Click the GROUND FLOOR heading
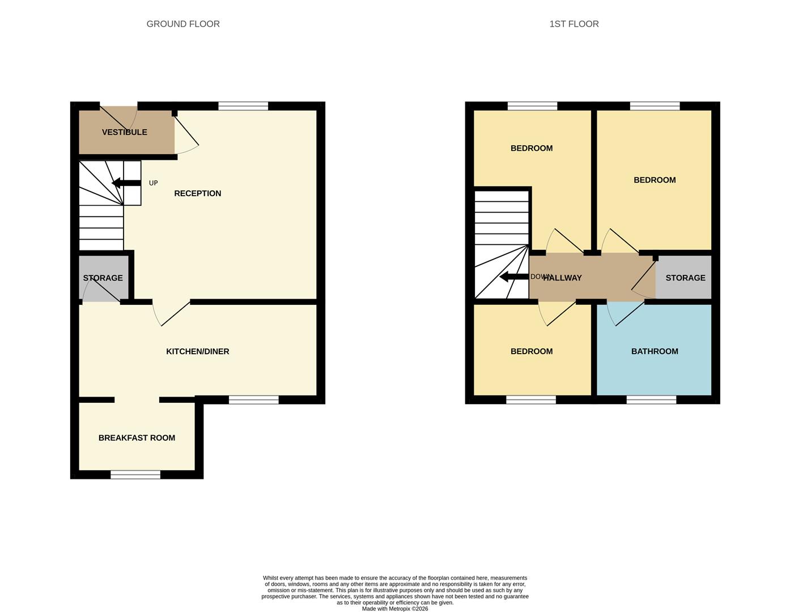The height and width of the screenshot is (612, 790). [183, 24]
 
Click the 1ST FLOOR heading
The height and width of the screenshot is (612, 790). [574, 24]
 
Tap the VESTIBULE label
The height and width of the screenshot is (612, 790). [124, 132]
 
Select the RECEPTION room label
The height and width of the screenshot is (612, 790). [197, 193]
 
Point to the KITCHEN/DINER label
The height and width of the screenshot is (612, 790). [197, 351]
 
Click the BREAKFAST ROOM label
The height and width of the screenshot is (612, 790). [137, 437]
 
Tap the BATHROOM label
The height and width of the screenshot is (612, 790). [655, 351]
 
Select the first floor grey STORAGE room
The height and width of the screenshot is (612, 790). [685, 278]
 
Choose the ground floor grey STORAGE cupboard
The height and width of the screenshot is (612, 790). [103, 278]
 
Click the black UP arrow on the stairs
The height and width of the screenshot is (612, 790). [126, 183]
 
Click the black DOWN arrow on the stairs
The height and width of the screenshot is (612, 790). [513, 277]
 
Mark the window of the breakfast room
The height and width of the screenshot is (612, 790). [135, 475]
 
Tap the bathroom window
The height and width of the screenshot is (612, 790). [651, 400]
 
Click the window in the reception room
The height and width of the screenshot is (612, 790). [243, 106]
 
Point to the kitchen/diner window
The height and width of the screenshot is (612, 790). [254, 400]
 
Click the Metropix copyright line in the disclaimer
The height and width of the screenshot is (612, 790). [395, 609]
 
